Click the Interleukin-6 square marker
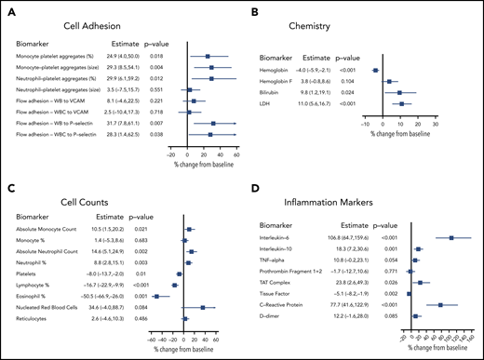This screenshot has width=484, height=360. (450, 237)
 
